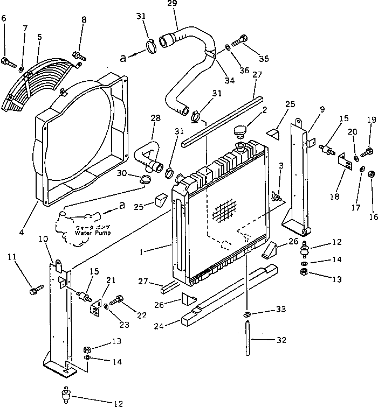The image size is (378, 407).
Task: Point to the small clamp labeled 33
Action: coord(246,314)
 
